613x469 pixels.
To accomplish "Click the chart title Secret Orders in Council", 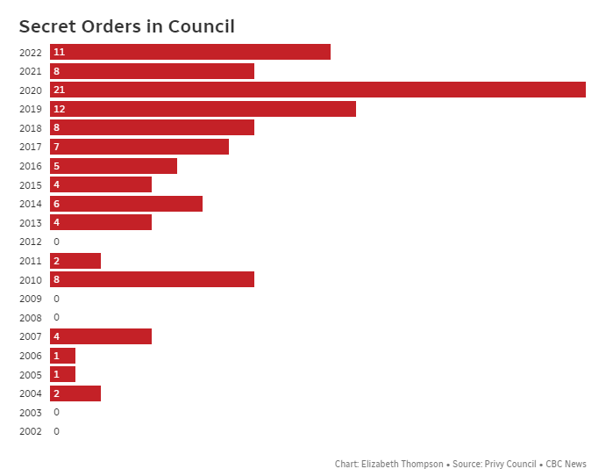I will (126, 27).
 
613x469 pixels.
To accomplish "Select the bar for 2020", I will (317, 90).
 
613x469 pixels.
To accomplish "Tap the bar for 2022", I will (190, 52).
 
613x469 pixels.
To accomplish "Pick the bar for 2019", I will (203, 109).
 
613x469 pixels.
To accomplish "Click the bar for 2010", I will (152, 279).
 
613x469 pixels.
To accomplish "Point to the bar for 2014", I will (126, 204).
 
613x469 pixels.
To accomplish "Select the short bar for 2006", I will (62, 356).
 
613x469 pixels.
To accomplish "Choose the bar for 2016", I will (113, 166).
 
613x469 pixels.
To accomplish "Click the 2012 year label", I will (30, 242).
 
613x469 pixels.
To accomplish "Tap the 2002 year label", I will (30, 431).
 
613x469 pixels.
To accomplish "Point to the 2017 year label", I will (30, 147).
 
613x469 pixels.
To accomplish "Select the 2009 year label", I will (30, 299).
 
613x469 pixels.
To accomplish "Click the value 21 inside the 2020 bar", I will (59, 90).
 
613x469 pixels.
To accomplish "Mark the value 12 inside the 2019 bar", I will (59, 109).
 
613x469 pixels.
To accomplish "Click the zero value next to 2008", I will (56, 317).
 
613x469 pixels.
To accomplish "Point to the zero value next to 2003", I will (56, 412).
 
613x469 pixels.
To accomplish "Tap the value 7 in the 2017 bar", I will (56, 147).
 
